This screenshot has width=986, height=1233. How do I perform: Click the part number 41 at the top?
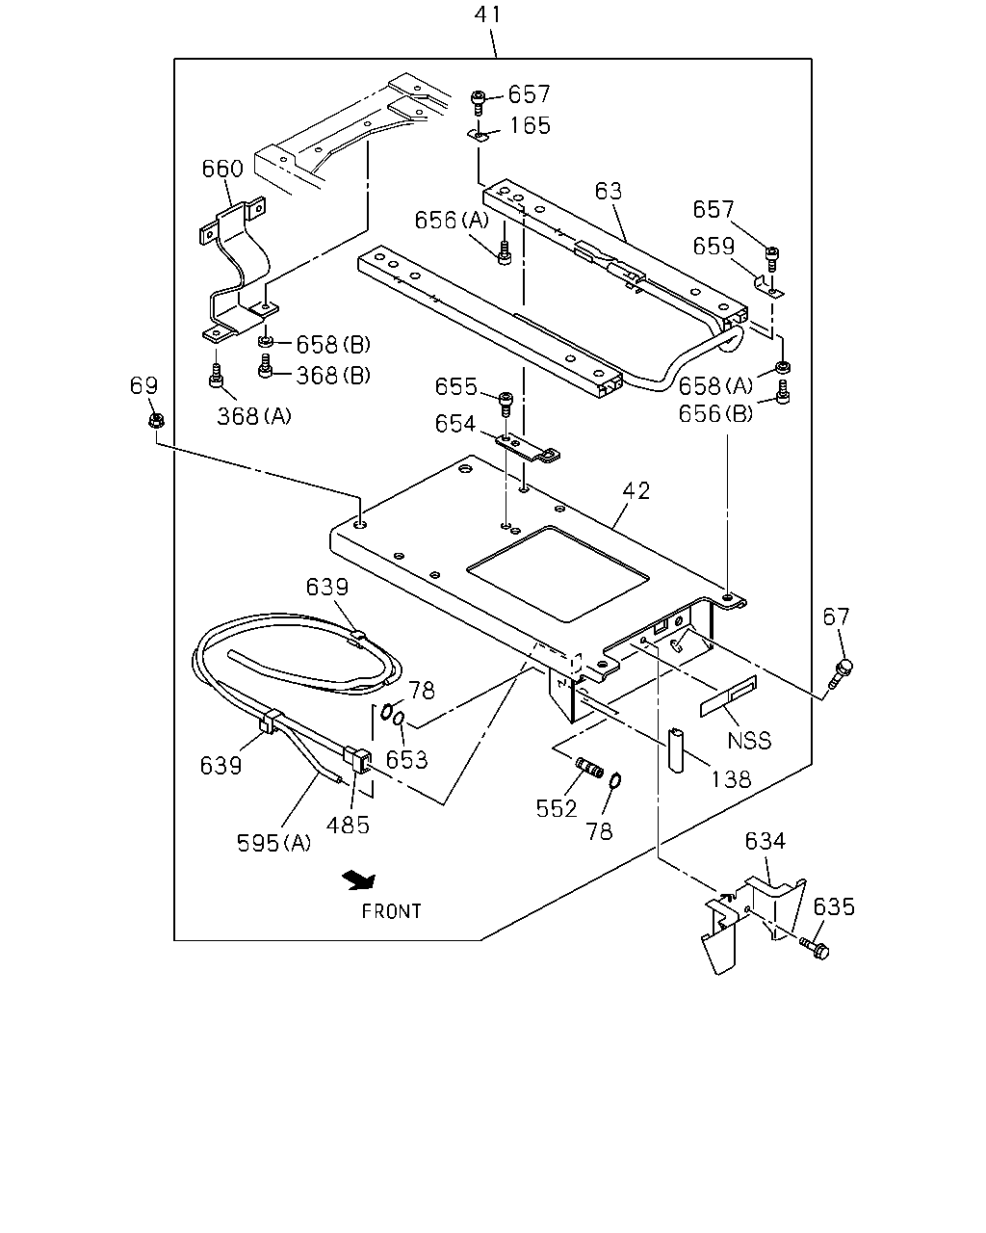pos(487,14)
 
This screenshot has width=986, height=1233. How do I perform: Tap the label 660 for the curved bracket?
pos(222,169)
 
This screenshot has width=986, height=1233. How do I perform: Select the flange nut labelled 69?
pos(156,421)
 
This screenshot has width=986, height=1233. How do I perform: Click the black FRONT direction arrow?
pos(359,879)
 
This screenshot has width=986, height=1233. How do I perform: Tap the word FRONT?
pos(391,911)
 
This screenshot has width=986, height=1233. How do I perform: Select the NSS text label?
pos(749,741)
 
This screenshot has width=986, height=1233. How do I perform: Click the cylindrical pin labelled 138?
pos(677,750)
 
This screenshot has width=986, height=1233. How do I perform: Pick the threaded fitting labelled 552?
pos(589,767)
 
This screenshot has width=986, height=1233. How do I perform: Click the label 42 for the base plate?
pos(636,490)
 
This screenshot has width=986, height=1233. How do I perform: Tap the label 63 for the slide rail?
pos(608,191)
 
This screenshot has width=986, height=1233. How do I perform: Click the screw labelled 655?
pos(506,404)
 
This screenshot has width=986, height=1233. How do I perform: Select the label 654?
pos(455,424)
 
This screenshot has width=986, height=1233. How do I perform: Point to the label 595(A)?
pos(273,843)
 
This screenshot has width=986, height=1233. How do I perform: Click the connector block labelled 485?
pos(357,760)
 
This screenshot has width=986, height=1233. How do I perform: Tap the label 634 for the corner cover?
pos(765,841)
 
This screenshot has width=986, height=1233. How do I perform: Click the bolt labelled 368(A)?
pos(216,376)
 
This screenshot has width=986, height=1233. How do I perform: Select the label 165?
pos(530,125)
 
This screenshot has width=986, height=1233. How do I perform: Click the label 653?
pos(406,760)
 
